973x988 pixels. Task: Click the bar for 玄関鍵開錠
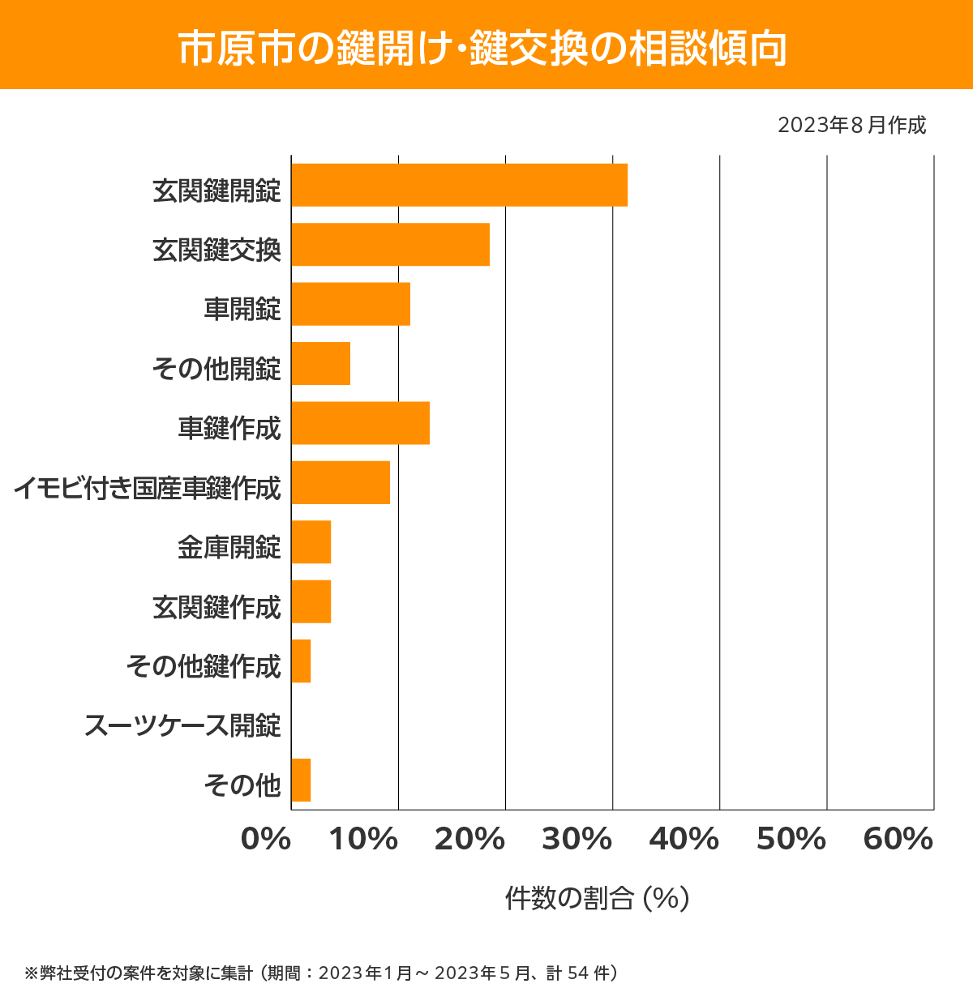coord(459,185)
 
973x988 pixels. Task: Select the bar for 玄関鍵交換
coord(390,244)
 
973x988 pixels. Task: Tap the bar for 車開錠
coord(350,304)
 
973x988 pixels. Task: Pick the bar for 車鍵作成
coord(360,423)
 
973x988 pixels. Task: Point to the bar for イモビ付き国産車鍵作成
coord(341,482)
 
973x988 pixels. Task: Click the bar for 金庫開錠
coord(311,542)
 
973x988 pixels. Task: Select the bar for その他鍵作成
coord(301,661)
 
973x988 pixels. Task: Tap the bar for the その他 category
coord(301,780)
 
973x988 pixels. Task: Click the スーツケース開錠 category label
coord(182,725)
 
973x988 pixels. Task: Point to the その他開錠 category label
coord(216,369)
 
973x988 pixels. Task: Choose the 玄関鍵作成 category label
coord(216,607)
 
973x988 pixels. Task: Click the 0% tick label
coord(266,840)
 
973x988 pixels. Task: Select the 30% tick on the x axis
coord(577,840)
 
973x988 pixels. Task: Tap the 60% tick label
coord(898,840)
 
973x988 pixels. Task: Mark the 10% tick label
coord(363,840)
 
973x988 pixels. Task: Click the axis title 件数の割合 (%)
coord(597,898)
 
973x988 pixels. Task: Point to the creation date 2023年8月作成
coord(851,126)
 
